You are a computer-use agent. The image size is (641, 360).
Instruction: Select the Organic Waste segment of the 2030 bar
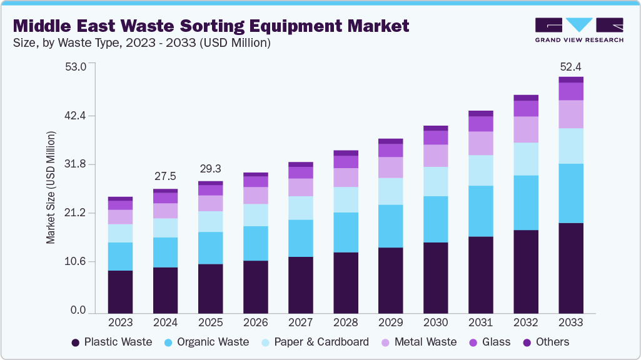point(435,219)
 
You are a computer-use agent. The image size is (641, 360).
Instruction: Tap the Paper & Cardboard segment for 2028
point(345,199)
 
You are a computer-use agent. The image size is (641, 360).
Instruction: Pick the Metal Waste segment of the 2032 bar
point(525,129)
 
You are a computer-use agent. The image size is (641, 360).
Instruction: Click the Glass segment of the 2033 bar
point(570,91)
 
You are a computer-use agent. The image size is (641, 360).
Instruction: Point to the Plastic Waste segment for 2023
point(120,291)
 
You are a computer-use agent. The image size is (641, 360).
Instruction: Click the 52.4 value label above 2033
point(570,67)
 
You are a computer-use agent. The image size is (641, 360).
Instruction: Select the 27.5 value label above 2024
point(165,177)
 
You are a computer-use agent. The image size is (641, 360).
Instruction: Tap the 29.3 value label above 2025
point(210,169)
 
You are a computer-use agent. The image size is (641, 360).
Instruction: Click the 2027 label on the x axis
point(300,322)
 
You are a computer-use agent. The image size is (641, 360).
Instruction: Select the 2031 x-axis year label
point(480,322)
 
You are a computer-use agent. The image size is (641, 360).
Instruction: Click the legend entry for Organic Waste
point(206,342)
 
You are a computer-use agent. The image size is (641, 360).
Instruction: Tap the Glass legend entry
point(489,342)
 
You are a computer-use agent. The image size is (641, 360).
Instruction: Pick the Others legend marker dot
point(527,342)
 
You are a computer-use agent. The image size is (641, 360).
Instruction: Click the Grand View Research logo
point(578,30)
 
